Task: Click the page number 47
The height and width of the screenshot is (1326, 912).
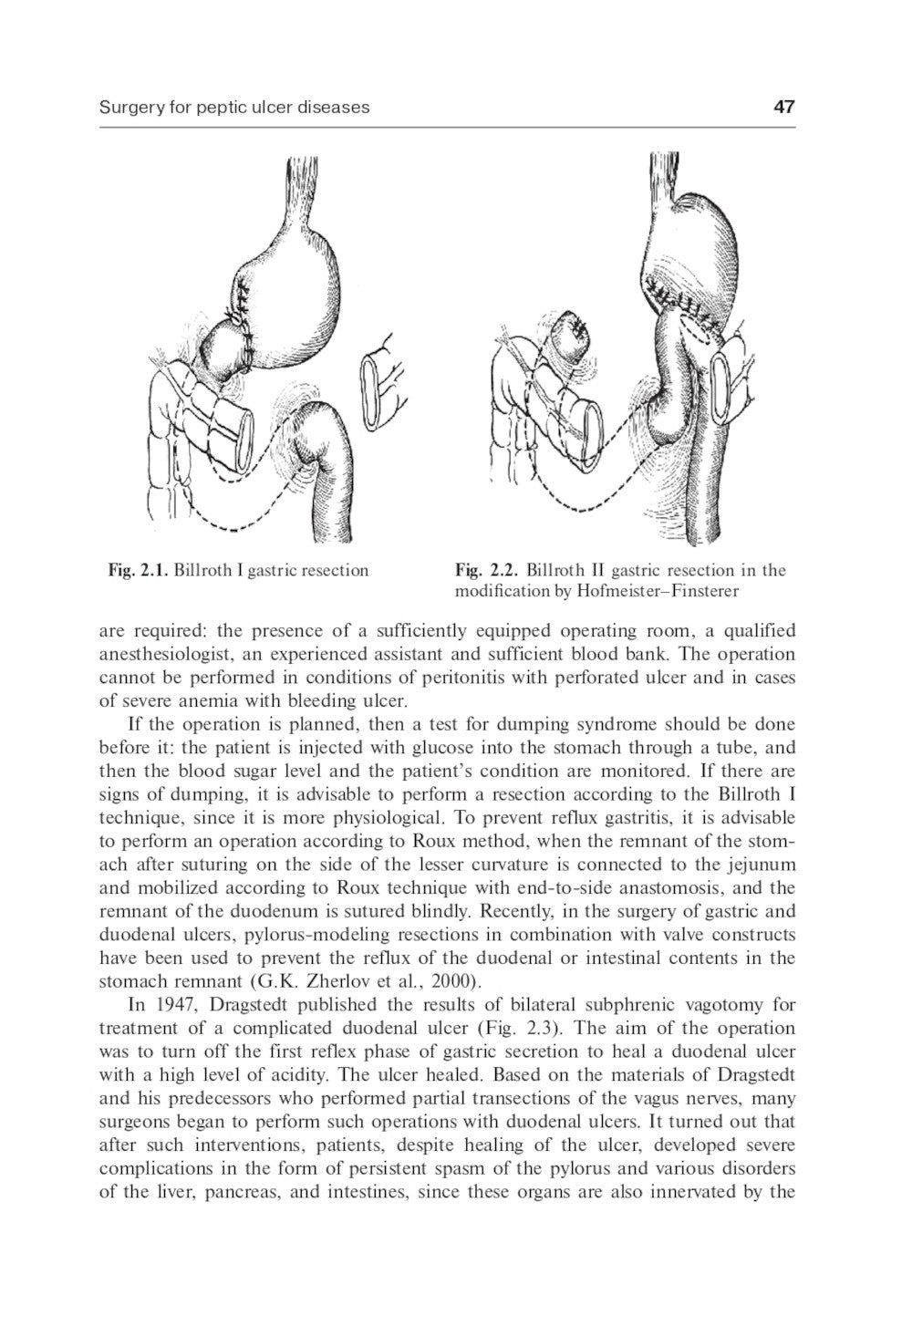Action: [x=783, y=107]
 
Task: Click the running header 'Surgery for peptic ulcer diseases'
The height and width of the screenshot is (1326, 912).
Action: [x=234, y=107]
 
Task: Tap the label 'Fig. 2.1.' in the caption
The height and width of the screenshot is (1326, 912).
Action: [x=138, y=571]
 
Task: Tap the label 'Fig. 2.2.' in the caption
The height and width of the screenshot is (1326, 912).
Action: [x=487, y=571]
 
